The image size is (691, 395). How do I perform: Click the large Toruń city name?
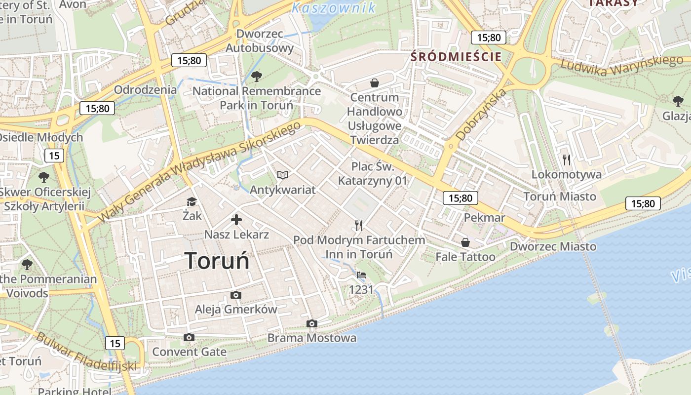(x=217, y=261)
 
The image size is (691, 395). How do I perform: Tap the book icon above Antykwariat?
(x=283, y=175)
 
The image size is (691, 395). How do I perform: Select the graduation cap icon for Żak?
(x=192, y=201)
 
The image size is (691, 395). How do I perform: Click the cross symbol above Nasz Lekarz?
(x=236, y=220)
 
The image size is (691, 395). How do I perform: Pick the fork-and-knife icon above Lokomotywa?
(x=567, y=159)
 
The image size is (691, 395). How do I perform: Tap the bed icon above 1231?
(x=361, y=275)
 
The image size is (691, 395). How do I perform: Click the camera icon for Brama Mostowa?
(x=311, y=323)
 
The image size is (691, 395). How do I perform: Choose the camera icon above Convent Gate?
(x=189, y=337)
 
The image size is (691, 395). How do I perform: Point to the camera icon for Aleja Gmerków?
(x=236, y=295)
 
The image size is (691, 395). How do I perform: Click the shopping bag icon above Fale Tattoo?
(x=465, y=242)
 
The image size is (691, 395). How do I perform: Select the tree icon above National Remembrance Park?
(x=256, y=77)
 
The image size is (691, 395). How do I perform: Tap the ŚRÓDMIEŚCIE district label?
(x=456, y=56)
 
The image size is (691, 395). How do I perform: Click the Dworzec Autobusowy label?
(x=260, y=41)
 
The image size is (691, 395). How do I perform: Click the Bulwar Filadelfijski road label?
(x=86, y=352)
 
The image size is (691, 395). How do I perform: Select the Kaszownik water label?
(x=334, y=7)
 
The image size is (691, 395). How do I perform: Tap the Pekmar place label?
(x=484, y=218)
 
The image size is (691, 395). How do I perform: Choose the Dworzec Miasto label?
(x=553, y=246)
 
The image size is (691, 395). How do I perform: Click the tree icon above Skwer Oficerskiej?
(x=44, y=176)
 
